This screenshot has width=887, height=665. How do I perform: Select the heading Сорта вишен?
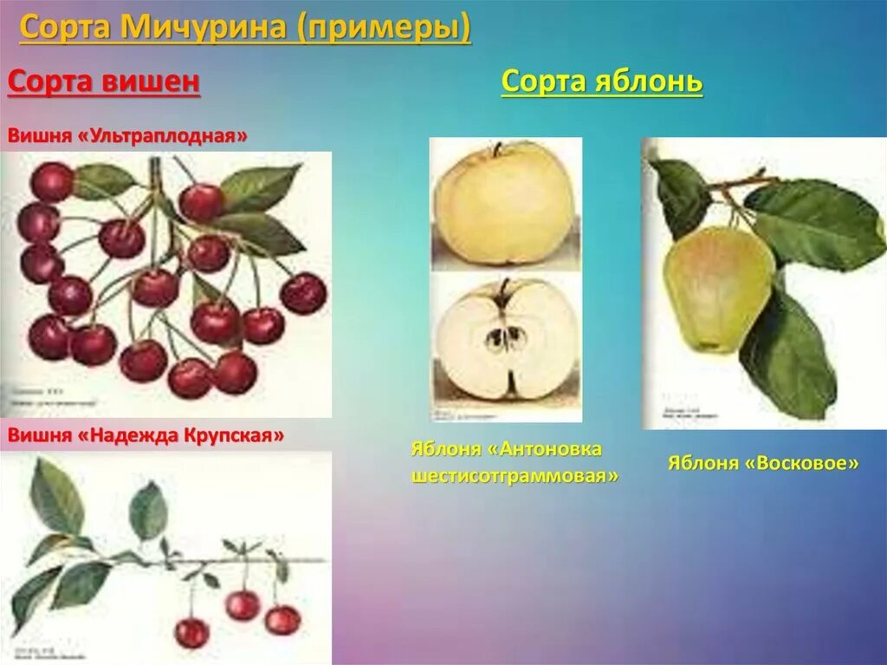pos(104,83)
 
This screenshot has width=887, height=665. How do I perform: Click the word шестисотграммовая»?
pos(516,476)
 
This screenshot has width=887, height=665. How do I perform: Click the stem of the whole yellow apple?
pos(497,149)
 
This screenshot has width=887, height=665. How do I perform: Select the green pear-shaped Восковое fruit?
pos(717,288)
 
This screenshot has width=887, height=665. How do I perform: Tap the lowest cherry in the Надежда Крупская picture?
pos(191,633)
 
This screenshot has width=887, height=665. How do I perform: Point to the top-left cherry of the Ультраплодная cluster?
pos(52,181)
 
